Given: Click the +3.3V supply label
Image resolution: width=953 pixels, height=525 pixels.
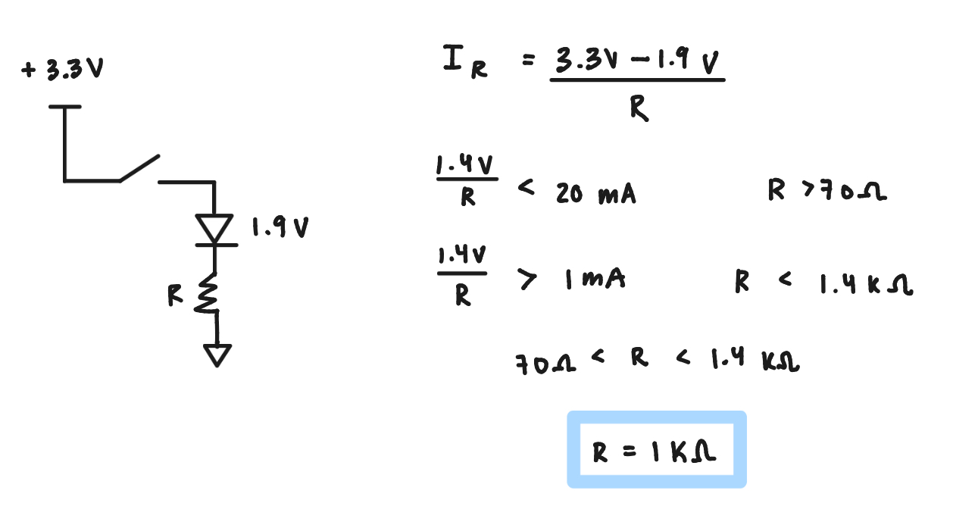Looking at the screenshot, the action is [x=62, y=68].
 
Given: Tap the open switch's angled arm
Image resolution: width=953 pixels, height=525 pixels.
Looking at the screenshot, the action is [x=139, y=168].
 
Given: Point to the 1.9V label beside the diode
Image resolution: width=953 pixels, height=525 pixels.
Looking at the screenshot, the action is [x=280, y=227].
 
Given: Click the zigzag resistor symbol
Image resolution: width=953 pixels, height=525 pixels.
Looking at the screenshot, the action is [x=207, y=293].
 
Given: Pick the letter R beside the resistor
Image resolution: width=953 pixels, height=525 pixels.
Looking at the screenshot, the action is [x=175, y=295].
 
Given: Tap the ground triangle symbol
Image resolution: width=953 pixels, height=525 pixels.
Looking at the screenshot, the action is [x=217, y=355].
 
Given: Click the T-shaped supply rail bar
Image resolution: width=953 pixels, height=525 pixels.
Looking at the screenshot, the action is [x=64, y=107].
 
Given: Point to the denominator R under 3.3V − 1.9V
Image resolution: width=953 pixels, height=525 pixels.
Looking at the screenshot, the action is [x=639, y=108].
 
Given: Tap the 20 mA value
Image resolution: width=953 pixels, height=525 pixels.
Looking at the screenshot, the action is [x=595, y=194].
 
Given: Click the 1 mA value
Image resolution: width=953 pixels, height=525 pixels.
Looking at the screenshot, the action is [x=595, y=279].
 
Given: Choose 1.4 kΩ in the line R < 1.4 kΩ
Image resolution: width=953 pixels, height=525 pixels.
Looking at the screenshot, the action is [x=867, y=284].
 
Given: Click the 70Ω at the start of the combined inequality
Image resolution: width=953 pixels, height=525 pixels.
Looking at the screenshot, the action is [x=546, y=364].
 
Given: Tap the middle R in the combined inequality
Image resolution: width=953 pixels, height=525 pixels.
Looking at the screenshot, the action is [x=639, y=357].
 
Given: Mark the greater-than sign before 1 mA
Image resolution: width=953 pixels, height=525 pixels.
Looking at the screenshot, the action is [x=526, y=279].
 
